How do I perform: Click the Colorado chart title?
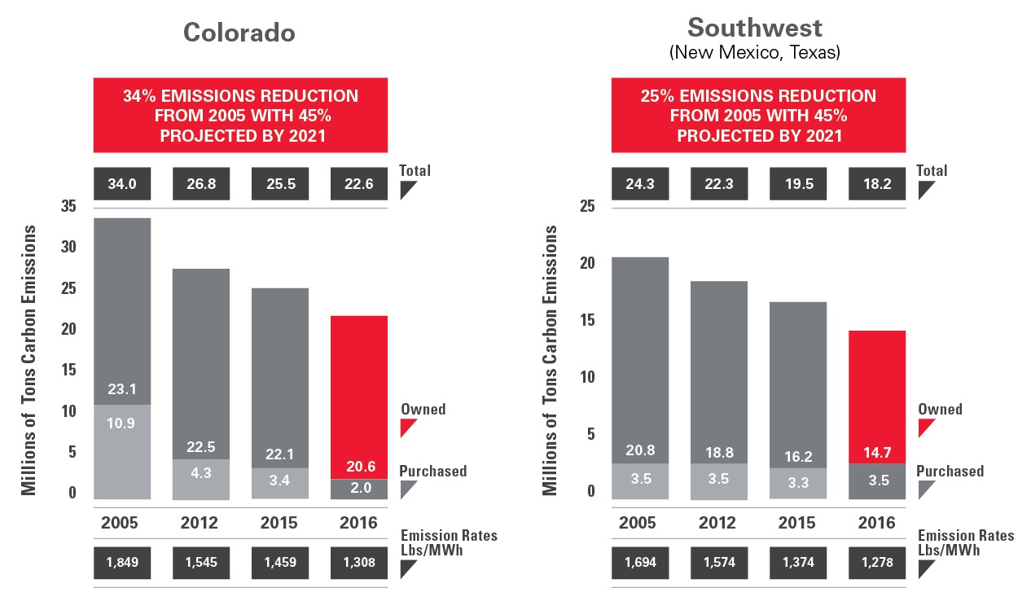click(239, 32)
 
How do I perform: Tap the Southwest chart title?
click(755, 28)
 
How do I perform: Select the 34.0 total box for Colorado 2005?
click(122, 184)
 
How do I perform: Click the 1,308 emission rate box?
click(358, 562)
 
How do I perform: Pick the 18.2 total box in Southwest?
click(876, 184)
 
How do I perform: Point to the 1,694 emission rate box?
click(640, 562)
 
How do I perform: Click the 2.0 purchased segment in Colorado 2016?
click(358, 488)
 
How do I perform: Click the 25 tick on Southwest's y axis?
click(586, 207)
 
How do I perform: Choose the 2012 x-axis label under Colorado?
click(200, 523)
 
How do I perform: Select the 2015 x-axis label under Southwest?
click(798, 523)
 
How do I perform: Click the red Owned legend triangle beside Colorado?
click(408, 428)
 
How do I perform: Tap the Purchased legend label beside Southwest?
click(950, 472)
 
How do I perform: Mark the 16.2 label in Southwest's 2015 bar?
click(798, 457)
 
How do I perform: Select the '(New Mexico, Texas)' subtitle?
click(755, 54)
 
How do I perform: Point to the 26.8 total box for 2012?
click(200, 184)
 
